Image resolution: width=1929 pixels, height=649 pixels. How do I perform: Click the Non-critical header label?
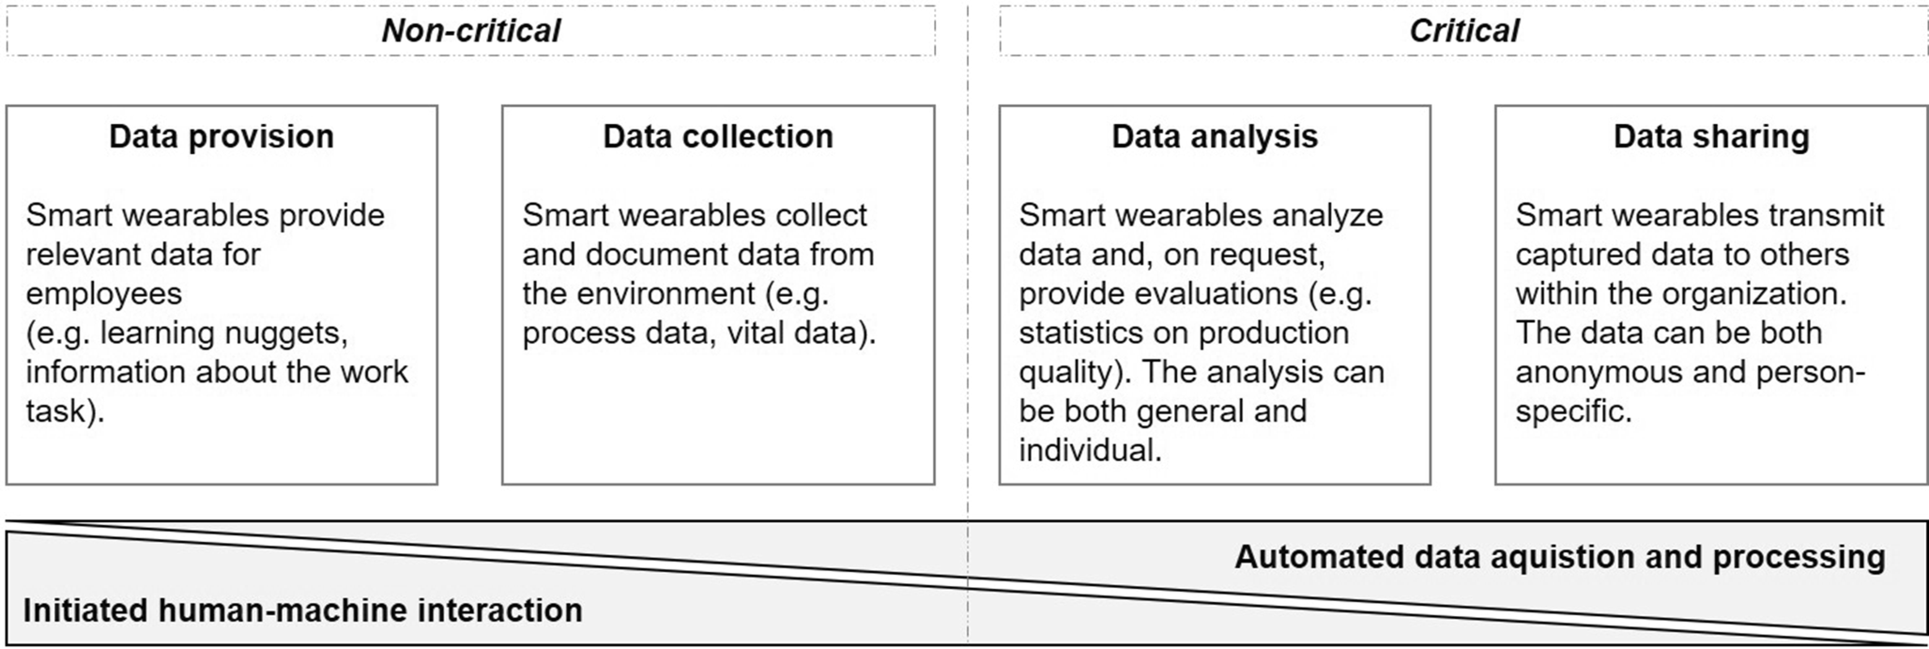pyautogui.click(x=470, y=31)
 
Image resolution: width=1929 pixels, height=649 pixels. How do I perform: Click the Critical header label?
pyautogui.click(x=1463, y=31)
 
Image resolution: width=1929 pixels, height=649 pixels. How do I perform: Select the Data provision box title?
pyautogui.click(x=222, y=137)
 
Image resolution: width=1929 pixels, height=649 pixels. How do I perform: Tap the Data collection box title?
pyautogui.click(x=718, y=137)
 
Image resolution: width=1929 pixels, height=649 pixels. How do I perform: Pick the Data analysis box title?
pyautogui.click(x=1215, y=137)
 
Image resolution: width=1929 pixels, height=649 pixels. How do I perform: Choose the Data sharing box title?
pyautogui.click(x=1711, y=137)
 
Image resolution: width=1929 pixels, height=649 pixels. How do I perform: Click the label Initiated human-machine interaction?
pyautogui.click(x=302, y=610)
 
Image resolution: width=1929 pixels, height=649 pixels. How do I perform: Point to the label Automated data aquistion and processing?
pyautogui.click(x=1559, y=557)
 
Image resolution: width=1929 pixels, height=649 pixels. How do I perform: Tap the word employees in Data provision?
pyautogui.click(x=103, y=294)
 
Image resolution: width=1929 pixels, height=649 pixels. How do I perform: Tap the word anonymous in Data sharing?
pyautogui.click(x=1596, y=373)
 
